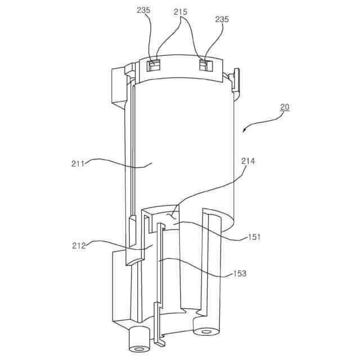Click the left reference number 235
click(x=143, y=10)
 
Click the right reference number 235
click(x=222, y=19)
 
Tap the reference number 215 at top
click(x=181, y=12)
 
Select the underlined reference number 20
click(x=285, y=107)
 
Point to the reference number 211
click(x=78, y=164)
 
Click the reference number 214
click(x=248, y=161)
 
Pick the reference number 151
click(x=254, y=237)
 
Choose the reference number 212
click(x=79, y=246)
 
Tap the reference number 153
click(x=240, y=273)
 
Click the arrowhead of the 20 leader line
click(x=244, y=130)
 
